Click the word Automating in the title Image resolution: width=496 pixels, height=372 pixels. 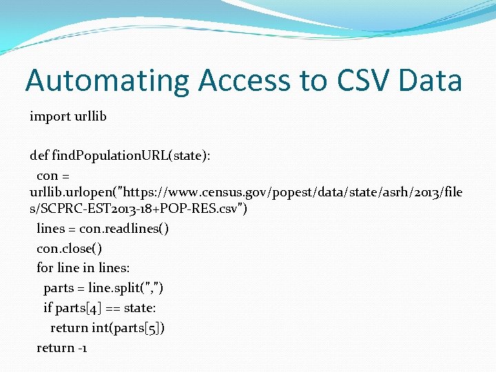pyautogui.click(x=107, y=81)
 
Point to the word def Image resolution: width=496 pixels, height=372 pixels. pyautogui.click(x=39, y=156)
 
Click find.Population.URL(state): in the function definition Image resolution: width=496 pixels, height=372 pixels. pyautogui.click(x=132, y=156)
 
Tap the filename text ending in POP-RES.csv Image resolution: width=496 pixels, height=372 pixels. pyautogui.click(x=138, y=208)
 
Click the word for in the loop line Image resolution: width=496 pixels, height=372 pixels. pyautogui.click(x=44, y=268)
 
